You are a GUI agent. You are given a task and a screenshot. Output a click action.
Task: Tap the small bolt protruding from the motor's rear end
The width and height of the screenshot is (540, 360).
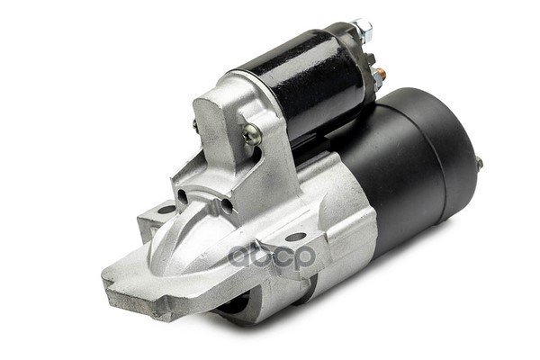(479, 163)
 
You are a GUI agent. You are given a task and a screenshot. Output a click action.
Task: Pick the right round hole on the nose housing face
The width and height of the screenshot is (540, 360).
(227, 206)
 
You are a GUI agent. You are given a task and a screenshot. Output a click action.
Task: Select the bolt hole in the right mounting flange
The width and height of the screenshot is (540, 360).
(296, 237)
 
